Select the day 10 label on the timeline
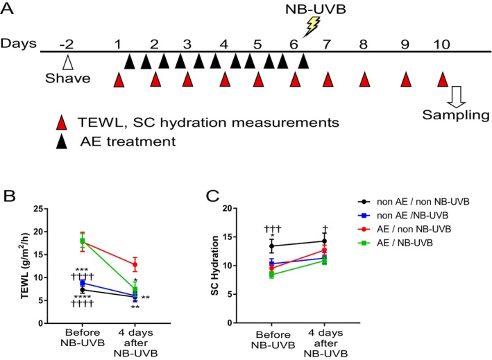tap(443, 44)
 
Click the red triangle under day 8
tap(364, 80)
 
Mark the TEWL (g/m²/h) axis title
tap(24, 265)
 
